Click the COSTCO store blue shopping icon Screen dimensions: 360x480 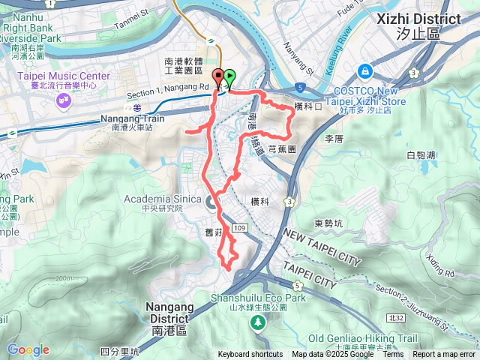[x=364, y=70]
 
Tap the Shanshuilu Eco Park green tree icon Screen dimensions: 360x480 [x=258, y=322]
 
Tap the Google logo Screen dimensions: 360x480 [x=28, y=349]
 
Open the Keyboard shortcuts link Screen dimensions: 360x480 [x=250, y=355]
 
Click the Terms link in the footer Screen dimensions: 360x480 [x=393, y=355]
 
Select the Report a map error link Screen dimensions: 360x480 [x=445, y=355]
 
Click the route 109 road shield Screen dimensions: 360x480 [x=239, y=227]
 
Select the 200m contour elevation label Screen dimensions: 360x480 [x=62, y=278]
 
